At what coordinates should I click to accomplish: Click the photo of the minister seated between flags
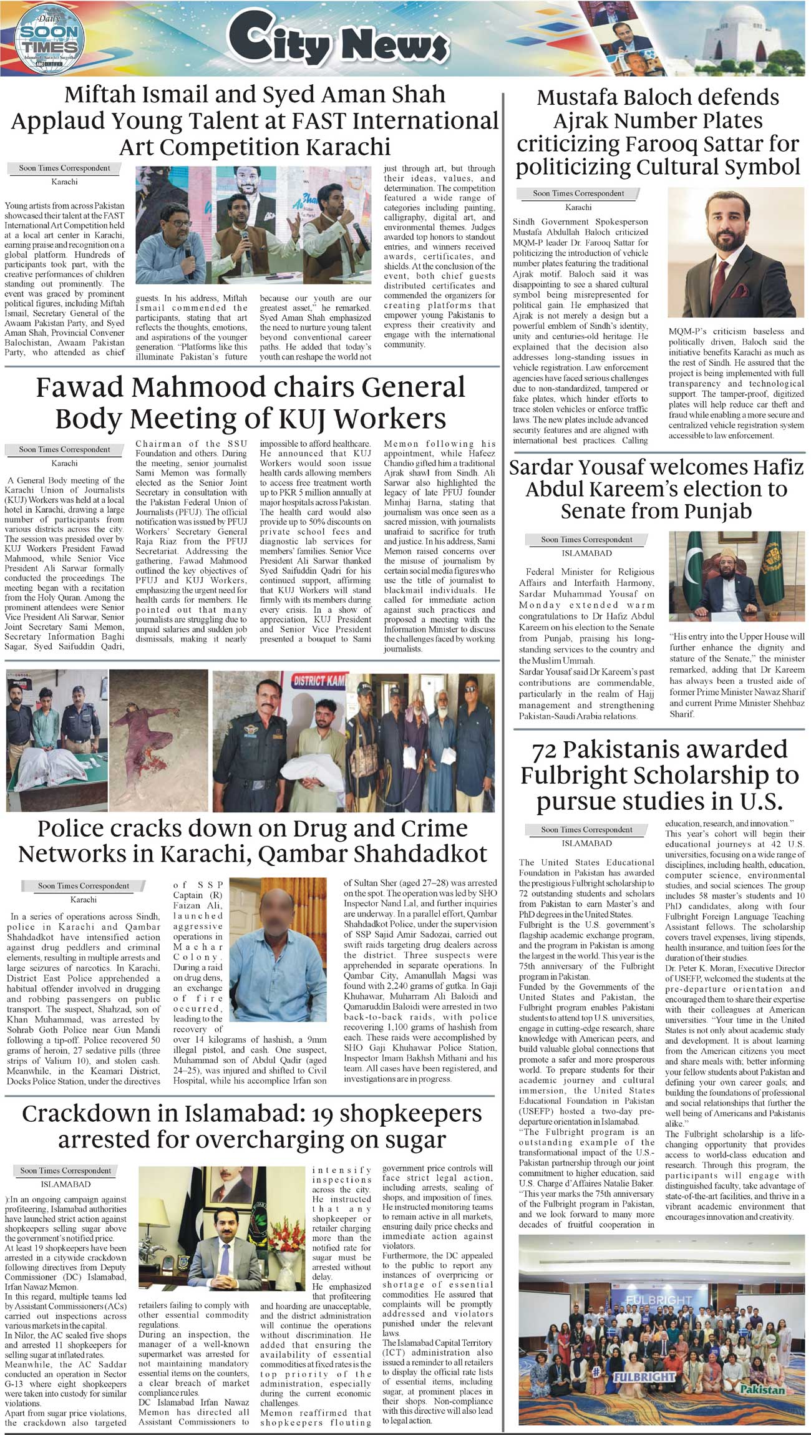click(736, 580)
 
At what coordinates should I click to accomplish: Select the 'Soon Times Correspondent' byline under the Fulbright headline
click(586, 830)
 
